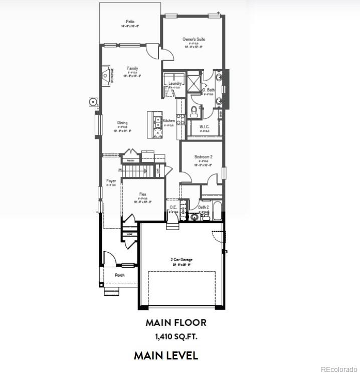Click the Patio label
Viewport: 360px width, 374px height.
[x=130, y=22]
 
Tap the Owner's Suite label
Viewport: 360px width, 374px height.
[x=194, y=39]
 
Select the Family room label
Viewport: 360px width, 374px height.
[x=132, y=68]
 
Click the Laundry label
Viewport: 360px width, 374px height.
[x=174, y=83]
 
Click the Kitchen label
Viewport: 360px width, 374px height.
[x=168, y=121]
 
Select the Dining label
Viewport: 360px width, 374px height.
[x=122, y=123]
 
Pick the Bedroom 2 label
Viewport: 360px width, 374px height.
[x=203, y=157]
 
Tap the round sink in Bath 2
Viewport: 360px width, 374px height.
[x=194, y=217]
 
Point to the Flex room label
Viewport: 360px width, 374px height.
[x=142, y=194]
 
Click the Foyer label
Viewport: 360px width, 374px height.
[x=111, y=181]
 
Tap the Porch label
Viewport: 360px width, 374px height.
[x=120, y=275]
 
